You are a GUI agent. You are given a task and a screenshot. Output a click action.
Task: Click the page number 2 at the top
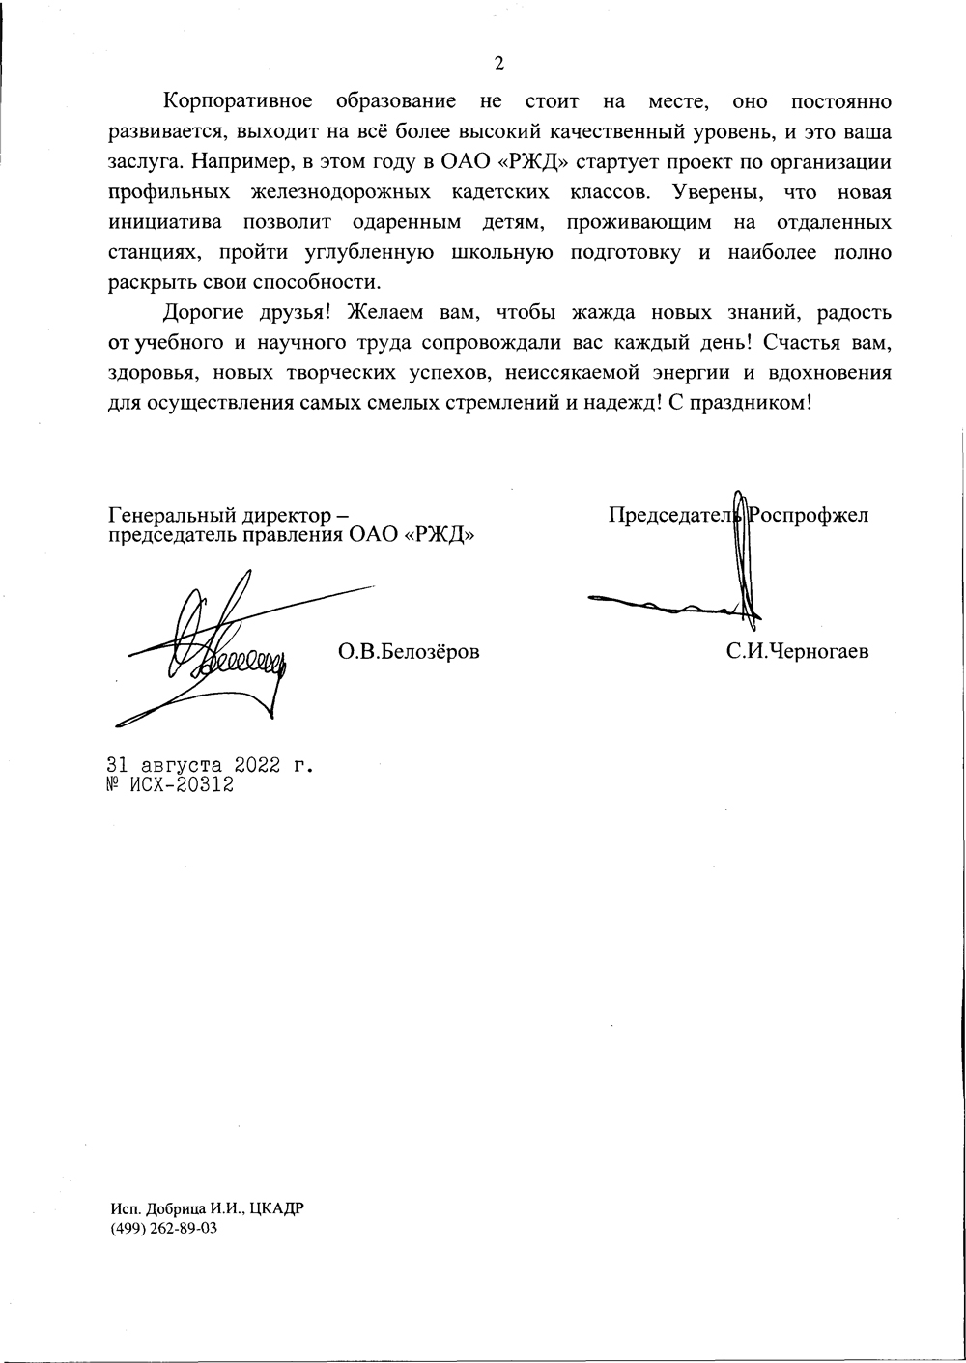point(498,64)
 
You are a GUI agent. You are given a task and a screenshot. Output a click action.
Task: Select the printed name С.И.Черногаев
point(798,652)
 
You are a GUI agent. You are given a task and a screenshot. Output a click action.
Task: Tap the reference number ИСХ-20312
point(181,786)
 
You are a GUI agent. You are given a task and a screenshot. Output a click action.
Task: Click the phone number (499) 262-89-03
point(162,1229)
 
